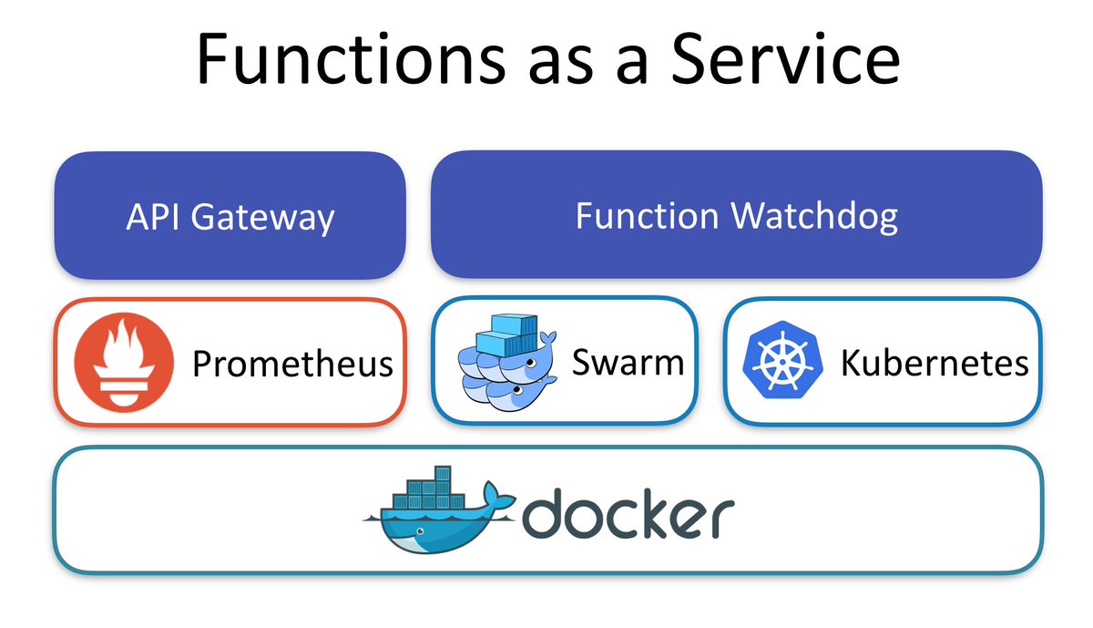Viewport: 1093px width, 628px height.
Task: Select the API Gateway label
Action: coord(230,218)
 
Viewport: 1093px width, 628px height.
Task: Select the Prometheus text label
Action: coord(292,365)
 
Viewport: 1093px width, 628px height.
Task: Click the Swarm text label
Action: coord(628,363)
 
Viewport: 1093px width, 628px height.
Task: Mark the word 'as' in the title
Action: coord(560,60)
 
